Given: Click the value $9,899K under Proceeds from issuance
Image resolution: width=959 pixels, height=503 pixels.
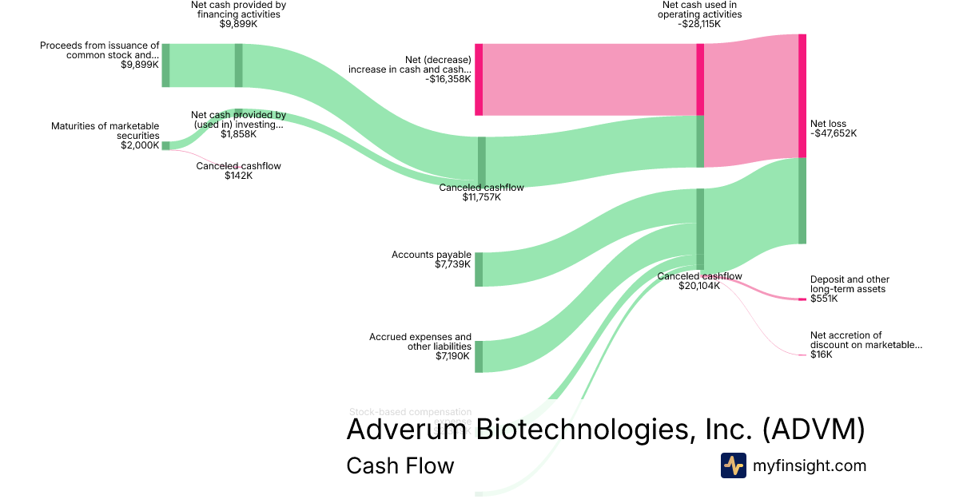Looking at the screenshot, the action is click(x=140, y=64).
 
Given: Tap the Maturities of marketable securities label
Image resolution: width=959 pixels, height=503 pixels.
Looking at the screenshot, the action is click(x=105, y=131).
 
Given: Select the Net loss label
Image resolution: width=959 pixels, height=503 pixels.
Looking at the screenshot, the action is click(x=828, y=124).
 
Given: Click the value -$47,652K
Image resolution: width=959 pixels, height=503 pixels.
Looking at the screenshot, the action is click(x=834, y=134).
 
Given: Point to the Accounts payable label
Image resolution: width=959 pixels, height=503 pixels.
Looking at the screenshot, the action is click(x=432, y=255).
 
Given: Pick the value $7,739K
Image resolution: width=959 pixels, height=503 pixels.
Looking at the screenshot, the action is click(x=453, y=264).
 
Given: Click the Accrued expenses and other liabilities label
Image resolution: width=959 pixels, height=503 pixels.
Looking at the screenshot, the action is click(x=420, y=342).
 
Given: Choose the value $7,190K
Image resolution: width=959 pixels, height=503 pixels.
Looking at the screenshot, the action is click(x=453, y=356).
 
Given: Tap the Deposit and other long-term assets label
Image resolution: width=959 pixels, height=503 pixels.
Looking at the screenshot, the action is click(x=850, y=284).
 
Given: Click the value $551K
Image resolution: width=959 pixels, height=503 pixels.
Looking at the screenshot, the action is click(x=824, y=299).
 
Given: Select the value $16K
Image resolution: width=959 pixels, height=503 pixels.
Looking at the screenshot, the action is click(x=821, y=354).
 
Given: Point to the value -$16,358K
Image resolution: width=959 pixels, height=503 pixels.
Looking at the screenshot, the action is click(x=448, y=79).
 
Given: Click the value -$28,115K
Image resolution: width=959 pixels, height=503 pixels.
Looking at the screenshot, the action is click(x=699, y=24).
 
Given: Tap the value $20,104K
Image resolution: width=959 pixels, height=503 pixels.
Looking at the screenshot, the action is click(x=699, y=286).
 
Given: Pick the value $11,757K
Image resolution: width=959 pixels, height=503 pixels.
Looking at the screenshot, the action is click(x=482, y=197).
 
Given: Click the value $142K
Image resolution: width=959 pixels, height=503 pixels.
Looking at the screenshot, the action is click(x=239, y=176).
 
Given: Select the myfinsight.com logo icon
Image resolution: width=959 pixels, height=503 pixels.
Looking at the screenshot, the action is click(x=733, y=465).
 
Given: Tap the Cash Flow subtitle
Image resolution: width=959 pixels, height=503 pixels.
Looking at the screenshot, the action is click(x=400, y=465).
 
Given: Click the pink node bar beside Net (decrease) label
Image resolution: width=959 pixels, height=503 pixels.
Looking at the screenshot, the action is click(x=479, y=79).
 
